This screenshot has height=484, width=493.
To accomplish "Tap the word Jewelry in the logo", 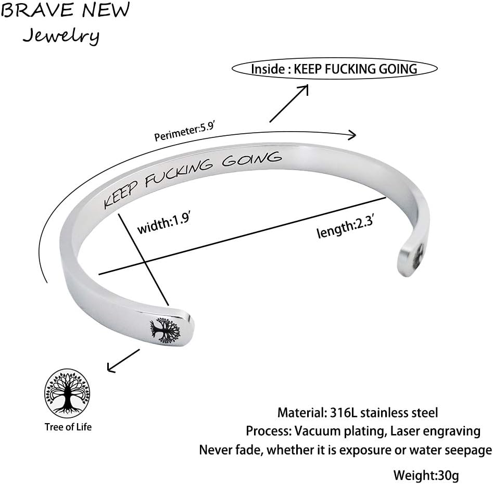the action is (61, 36).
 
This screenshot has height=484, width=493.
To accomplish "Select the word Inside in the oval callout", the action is (268, 69).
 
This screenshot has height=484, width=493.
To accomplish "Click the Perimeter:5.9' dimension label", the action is (184, 131).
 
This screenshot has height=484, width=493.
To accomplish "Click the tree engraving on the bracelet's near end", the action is (165, 329).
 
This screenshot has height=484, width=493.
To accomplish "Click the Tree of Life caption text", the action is (68, 427).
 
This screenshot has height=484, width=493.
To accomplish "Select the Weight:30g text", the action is (426, 475).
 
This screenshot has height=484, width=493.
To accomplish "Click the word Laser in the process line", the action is (404, 431).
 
